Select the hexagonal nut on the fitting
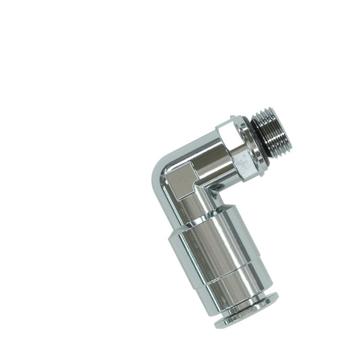click(x=239, y=149)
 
